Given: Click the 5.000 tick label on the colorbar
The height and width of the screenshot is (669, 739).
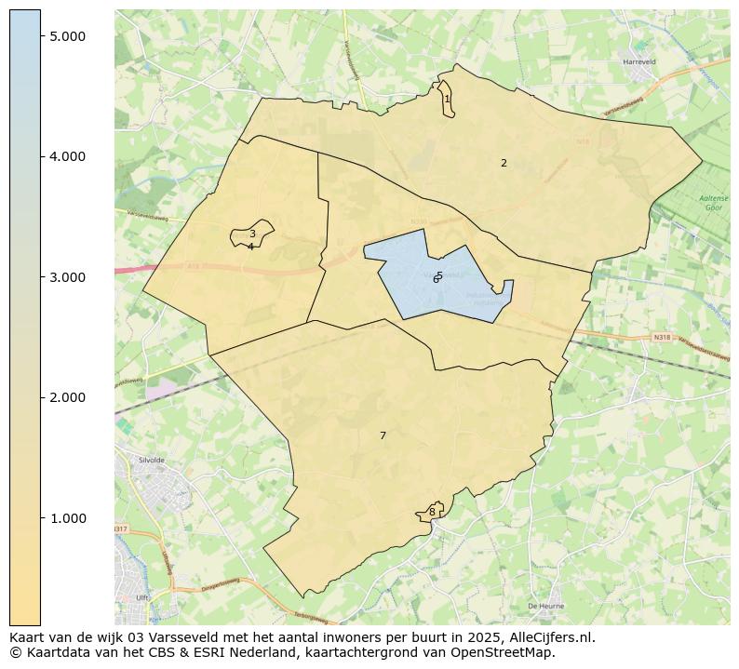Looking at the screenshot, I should [67, 35].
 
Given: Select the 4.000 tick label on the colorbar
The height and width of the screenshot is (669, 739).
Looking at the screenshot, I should [67, 156].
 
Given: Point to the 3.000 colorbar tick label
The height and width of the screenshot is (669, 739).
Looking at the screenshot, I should [67, 277].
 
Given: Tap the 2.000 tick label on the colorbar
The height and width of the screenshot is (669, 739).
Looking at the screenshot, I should [67, 397].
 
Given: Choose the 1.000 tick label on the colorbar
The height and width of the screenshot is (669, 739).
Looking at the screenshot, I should [67, 518].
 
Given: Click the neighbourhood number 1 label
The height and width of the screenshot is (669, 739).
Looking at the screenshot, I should [447, 99].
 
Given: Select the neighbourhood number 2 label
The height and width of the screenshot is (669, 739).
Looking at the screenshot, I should [504, 163].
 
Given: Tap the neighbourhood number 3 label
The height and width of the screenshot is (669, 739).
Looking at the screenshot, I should [252, 234].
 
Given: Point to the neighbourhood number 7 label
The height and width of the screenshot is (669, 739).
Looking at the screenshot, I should [383, 435].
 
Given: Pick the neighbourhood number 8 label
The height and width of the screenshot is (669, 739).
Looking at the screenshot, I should [432, 512].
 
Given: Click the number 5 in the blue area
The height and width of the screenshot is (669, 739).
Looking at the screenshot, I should [439, 275].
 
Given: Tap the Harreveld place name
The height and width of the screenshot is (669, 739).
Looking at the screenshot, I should [639, 63].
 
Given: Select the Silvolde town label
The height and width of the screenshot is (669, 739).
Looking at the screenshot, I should [151, 461].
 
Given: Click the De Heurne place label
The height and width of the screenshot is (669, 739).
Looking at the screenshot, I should [545, 606].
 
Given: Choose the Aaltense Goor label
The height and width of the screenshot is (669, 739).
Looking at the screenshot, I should [714, 204].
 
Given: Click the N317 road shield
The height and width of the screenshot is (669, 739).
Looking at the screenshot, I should [120, 529].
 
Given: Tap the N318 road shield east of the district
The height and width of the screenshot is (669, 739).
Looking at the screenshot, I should [662, 337].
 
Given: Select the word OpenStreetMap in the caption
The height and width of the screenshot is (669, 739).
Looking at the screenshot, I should [508, 652].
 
